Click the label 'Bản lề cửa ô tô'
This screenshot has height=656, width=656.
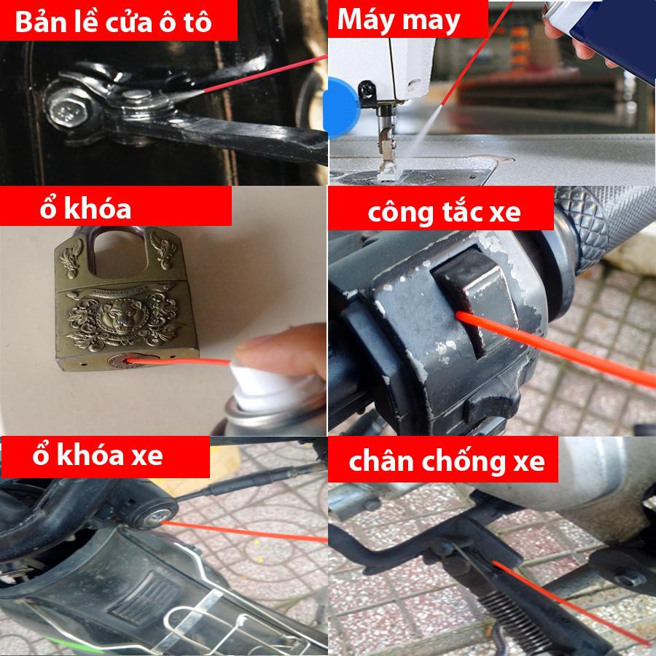(x=114, y=22)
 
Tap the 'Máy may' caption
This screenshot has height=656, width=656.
(x=399, y=20)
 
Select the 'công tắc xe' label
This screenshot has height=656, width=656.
(x=445, y=212)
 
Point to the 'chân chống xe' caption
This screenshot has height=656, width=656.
(x=447, y=461)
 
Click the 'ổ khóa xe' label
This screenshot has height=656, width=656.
(x=98, y=455)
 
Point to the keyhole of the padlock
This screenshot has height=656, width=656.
(x=124, y=361)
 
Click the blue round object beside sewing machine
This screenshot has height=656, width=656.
(x=341, y=108)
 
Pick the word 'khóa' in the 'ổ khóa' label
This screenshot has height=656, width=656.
(x=98, y=208)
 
